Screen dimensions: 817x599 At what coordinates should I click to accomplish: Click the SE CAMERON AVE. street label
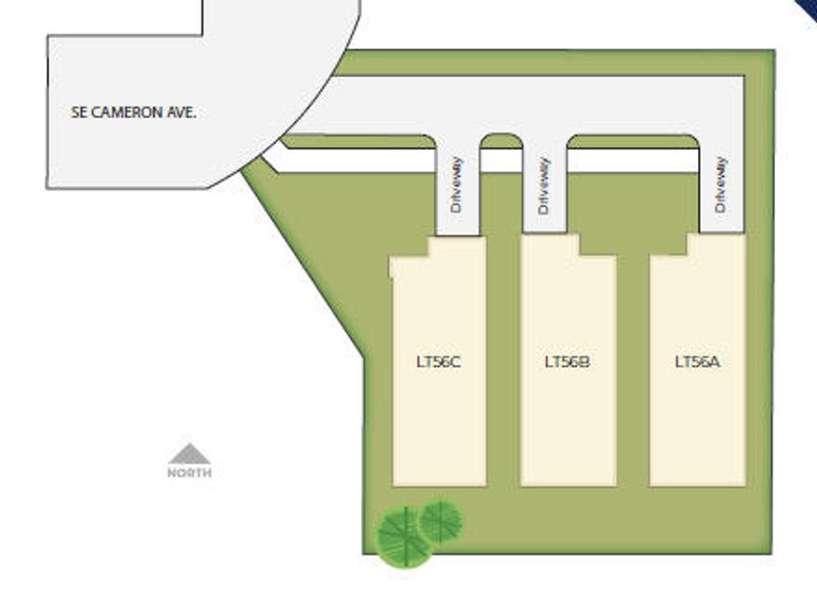click(x=134, y=112)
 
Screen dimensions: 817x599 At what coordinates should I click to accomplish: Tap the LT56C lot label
click(x=438, y=362)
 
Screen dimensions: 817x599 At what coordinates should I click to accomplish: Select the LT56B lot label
click(x=567, y=362)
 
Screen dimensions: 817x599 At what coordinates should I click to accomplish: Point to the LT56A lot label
click(x=697, y=362)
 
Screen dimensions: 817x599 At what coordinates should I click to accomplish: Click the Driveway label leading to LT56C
click(x=457, y=185)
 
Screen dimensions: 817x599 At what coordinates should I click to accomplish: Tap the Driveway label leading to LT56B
click(x=544, y=186)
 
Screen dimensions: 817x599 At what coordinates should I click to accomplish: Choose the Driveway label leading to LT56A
click(x=720, y=184)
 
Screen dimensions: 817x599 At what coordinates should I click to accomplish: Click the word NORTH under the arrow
click(x=189, y=473)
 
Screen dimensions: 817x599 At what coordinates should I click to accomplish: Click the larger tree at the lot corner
click(x=405, y=537)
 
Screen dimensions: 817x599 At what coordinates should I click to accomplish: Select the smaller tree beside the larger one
click(x=441, y=522)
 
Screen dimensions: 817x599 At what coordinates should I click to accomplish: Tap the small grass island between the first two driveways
click(x=500, y=141)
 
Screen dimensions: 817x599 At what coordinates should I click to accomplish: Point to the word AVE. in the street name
click(x=182, y=112)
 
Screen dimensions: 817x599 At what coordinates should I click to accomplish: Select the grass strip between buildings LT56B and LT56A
click(x=633, y=371)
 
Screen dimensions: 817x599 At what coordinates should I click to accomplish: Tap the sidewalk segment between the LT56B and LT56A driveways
click(x=632, y=161)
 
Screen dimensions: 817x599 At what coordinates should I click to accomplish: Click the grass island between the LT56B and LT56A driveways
click(x=632, y=141)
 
